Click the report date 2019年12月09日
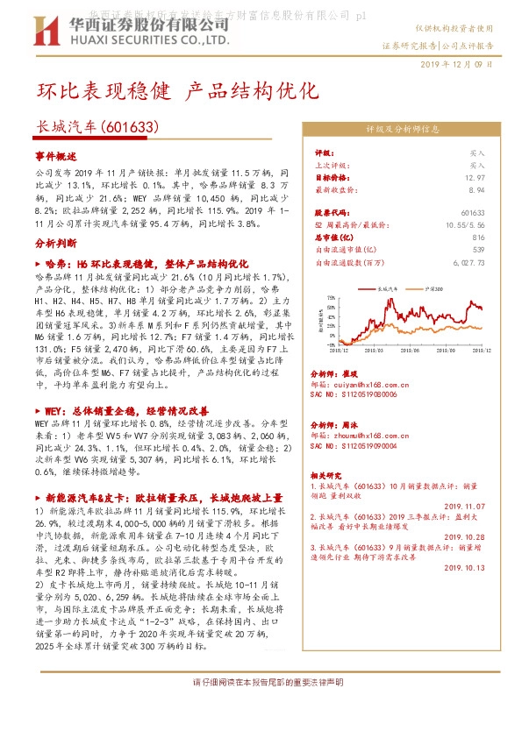pyautogui.click(x=456, y=64)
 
